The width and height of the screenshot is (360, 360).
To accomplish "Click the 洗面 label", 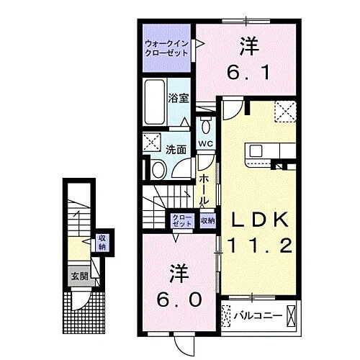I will point(176,150).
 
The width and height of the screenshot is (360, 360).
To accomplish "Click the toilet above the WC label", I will point(206,127).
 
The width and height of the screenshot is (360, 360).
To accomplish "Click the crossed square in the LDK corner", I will point(285,111).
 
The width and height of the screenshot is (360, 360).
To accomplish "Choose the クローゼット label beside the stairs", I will point(181,221).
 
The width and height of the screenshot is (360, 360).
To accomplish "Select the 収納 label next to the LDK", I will point(207,221).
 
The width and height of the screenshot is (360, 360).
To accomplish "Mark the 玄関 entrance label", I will point(78,276).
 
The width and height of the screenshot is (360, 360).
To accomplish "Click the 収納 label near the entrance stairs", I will point(102,243).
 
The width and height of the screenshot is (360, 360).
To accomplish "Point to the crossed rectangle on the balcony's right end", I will point(291,315).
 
